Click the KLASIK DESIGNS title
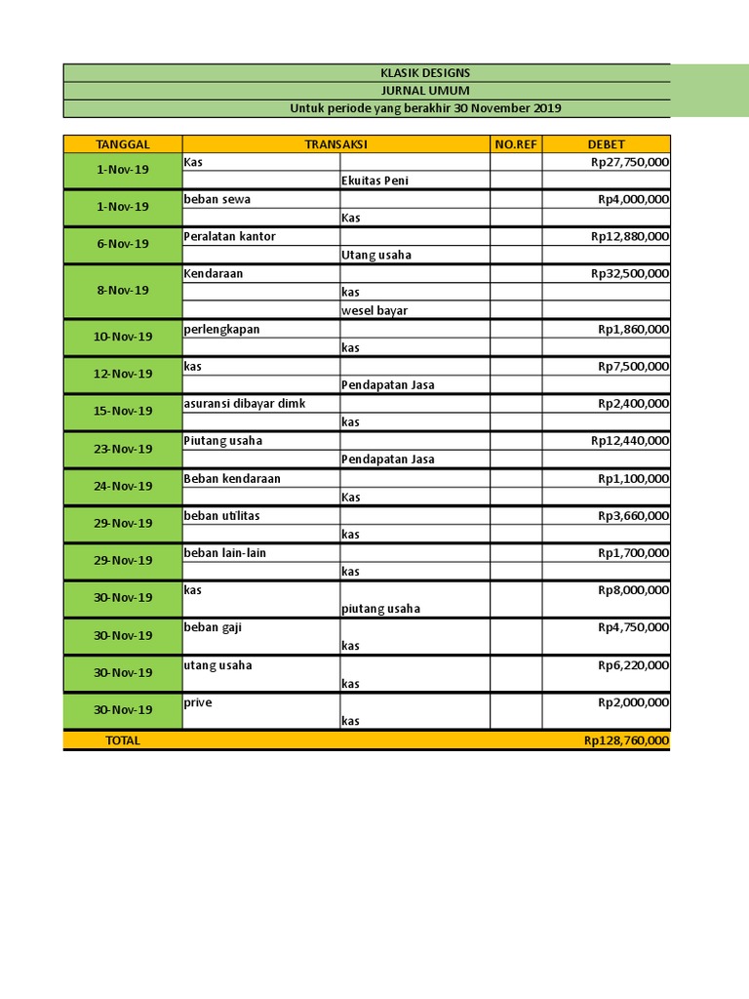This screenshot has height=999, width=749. pyautogui.click(x=424, y=73)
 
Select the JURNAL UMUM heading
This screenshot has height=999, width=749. pyautogui.click(x=424, y=91)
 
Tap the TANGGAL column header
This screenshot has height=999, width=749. pyautogui.click(x=123, y=144)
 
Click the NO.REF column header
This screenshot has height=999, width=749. pyautogui.click(x=516, y=144)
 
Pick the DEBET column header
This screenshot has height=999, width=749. pyautogui.click(x=606, y=144)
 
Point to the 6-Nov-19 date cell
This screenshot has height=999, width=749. pyautogui.click(x=123, y=245)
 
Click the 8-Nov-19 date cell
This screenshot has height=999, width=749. pyautogui.click(x=123, y=291)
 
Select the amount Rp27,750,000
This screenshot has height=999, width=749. pyautogui.click(x=630, y=162)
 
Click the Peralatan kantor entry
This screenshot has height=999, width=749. pyautogui.click(x=229, y=236)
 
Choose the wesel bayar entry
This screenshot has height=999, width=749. pyautogui.click(x=374, y=311)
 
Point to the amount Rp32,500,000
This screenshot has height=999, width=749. pyautogui.click(x=630, y=274)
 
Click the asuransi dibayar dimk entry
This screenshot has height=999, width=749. pyautogui.click(x=245, y=404)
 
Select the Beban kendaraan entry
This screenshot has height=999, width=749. pyautogui.click(x=232, y=479)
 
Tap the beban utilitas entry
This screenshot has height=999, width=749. pyautogui.click(x=221, y=516)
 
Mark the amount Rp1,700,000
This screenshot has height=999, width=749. pyautogui.click(x=634, y=553)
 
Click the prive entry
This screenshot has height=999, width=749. pyautogui.click(x=198, y=702)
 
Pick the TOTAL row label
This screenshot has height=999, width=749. pyautogui.click(x=123, y=740)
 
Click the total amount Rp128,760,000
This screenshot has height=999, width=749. pyautogui.click(x=627, y=740)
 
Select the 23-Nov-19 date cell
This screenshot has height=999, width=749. pyautogui.click(x=123, y=449)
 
